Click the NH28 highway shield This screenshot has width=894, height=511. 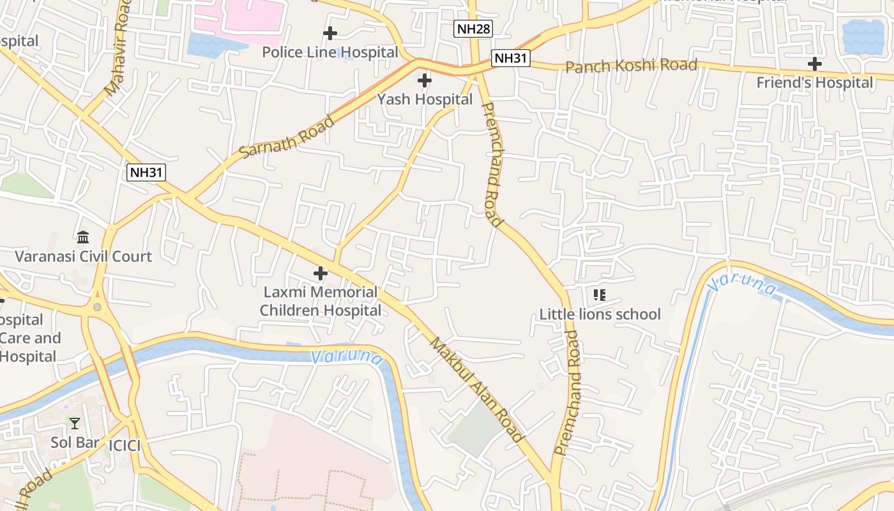click(473, 29)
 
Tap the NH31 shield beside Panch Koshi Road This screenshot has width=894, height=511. click(511, 58)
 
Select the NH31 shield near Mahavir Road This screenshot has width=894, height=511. click(147, 172)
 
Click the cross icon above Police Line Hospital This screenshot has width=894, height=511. click(330, 33)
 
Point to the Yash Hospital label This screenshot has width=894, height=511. click(425, 99)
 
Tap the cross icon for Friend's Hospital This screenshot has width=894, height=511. click(814, 64)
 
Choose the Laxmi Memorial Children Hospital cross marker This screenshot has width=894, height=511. click(320, 273)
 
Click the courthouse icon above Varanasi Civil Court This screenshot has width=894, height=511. click(83, 238)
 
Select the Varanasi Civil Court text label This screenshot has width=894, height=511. click(83, 256)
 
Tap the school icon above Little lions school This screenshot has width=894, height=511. click(599, 295)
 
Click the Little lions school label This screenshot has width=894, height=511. click(600, 314)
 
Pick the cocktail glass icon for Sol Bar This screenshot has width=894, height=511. click(75, 423)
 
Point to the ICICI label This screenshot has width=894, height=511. click(125, 445)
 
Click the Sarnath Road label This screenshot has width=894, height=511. click(287, 137)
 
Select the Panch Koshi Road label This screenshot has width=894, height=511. click(631, 66)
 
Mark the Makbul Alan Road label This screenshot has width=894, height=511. click(476, 389)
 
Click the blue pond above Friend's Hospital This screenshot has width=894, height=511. click(863, 36)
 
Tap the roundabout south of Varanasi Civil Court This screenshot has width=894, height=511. click(97, 307)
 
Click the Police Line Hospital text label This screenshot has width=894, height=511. click(330, 52)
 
